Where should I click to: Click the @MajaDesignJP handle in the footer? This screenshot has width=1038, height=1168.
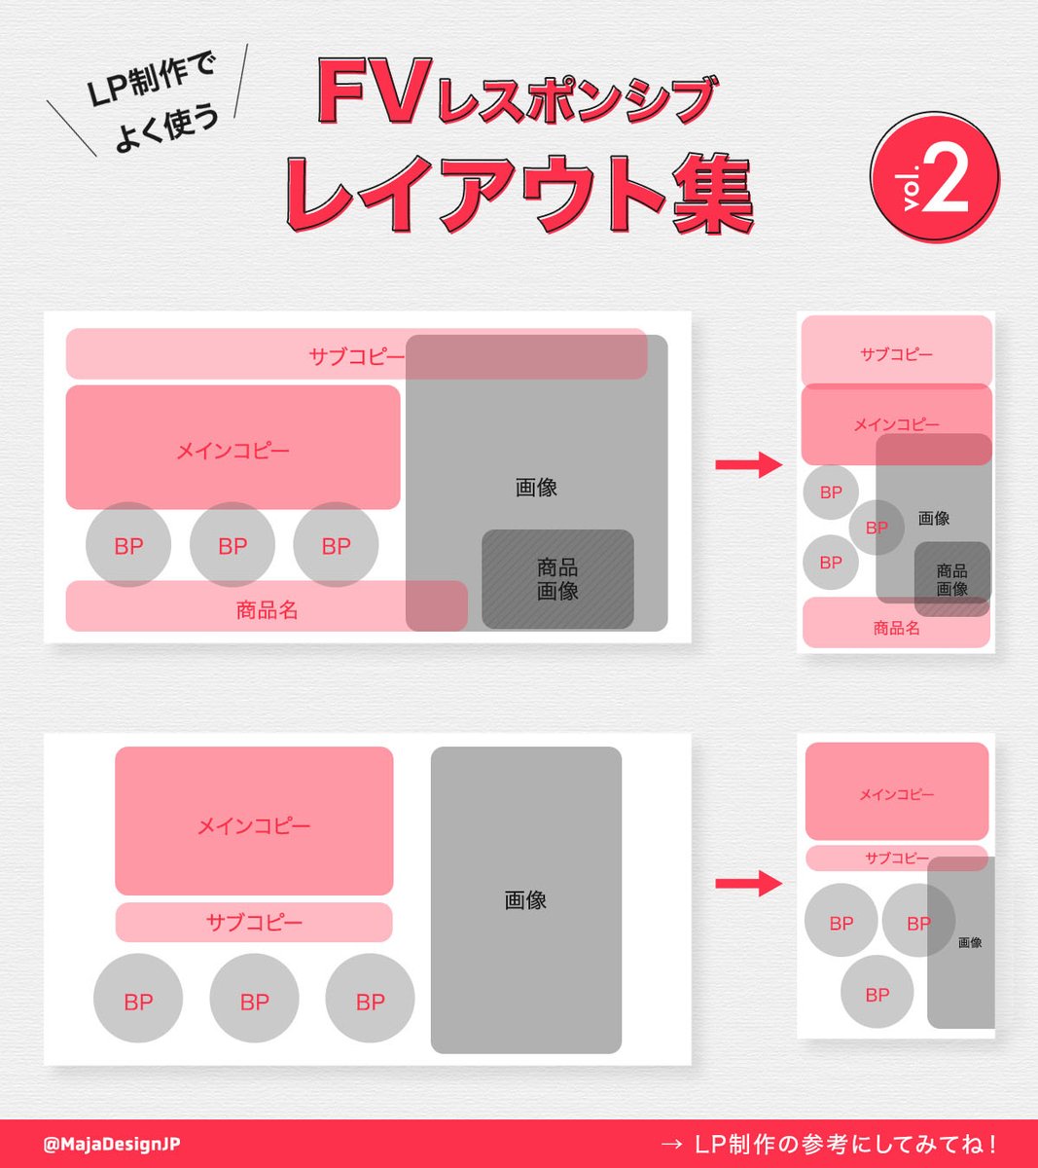pyautogui.click(x=111, y=1144)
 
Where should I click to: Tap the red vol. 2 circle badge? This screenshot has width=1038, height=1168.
pyautogui.click(x=934, y=177)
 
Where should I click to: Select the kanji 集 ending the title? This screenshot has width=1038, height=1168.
pyautogui.click(x=713, y=194)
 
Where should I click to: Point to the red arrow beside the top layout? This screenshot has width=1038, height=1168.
pyautogui.click(x=749, y=464)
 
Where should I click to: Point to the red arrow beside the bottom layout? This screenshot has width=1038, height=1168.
pyautogui.click(x=749, y=883)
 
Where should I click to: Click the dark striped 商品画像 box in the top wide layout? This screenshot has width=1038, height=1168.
pyautogui.click(x=557, y=579)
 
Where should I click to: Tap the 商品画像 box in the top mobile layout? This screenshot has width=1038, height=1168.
pyautogui.click(x=952, y=579)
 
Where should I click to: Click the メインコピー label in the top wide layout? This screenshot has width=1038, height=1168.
pyautogui.click(x=233, y=451)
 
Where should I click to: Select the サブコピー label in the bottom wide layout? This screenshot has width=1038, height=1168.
pyautogui.click(x=254, y=923)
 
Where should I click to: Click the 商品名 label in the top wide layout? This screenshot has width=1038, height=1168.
pyautogui.click(x=267, y=609)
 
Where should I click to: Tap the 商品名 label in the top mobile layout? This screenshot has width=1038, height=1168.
pyautogui.click(x=896, y=627)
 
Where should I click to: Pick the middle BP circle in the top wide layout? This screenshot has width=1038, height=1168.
pyautogui.click(x=233, y=544)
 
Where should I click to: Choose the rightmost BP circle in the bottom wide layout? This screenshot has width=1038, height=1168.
pyautogui.click(x=370, y=998)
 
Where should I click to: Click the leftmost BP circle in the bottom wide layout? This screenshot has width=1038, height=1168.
pyautogui.click(x=138, y=998)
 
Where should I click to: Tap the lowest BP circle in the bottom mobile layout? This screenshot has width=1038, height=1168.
pyautogui.click(x=877, y=992)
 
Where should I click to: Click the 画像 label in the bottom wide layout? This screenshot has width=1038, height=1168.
pyautogui.click(x=525, y=899)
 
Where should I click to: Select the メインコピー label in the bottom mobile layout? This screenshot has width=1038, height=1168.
pyautogui.click(x=896, y=794)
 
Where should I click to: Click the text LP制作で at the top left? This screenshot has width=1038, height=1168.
pyautogui.click(x=151, y=80)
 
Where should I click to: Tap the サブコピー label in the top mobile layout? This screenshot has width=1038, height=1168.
pyautogui.click(x=896, y=353)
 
